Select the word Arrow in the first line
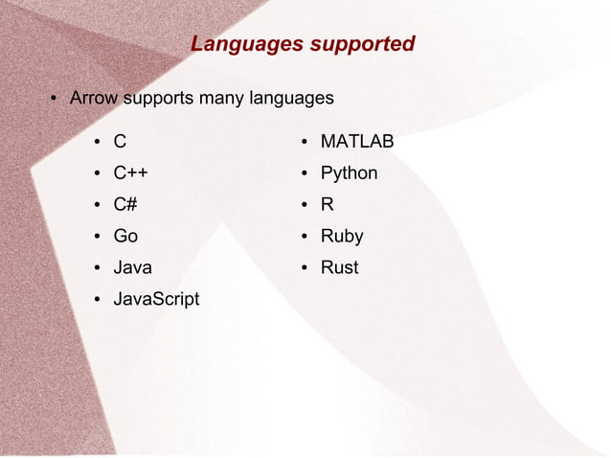click(x=94, y=98)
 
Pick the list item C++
click(x=130, y=173)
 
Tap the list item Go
click(x=125, y=236)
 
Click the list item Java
click(x=132, y=267)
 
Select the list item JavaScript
click(x=156, y=299)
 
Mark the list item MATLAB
click(x=357, y=142)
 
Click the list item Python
click(x=349, y=173)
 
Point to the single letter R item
click(x=328, y=204)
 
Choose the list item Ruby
click(x=342, y=236)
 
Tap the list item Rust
click(x=339, y=267)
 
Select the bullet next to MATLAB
click(x=304, y=143)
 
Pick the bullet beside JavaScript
click(x=98, y=300)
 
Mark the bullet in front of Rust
click(x=304, y=268)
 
